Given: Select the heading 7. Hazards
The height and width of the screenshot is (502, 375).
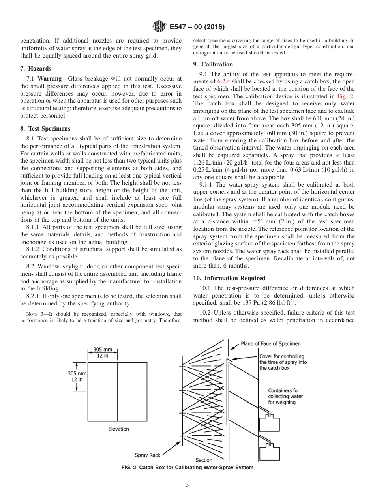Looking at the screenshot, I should [36, 69].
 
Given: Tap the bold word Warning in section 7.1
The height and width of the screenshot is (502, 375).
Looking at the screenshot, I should [52, 79].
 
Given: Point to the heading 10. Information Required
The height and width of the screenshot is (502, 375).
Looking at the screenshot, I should [229, 278].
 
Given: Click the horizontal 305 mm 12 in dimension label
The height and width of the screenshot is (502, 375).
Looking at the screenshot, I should [102, 352].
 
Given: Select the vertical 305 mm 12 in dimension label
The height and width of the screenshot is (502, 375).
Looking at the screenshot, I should [77, 376].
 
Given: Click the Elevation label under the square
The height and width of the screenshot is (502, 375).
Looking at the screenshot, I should [118, 429].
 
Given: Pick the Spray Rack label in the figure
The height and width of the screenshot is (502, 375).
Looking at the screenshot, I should [148, 455].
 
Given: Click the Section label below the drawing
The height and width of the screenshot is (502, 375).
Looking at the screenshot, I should [204, 460].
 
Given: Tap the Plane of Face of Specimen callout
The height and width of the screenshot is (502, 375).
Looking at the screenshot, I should [270, 343].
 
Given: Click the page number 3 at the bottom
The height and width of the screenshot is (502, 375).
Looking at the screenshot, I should [187, 485].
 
